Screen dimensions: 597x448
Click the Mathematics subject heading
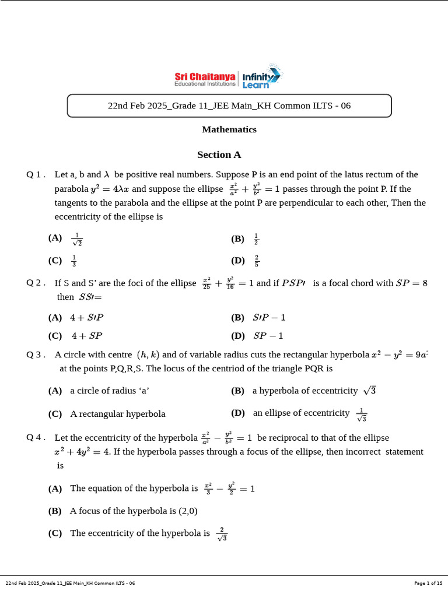(x=229, y=129)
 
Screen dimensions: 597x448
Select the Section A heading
(x=219, y=155)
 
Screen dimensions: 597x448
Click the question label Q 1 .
(x=36, y=175)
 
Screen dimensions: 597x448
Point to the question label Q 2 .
(x=36, y=283)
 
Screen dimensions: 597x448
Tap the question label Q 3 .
(x=36, y=354)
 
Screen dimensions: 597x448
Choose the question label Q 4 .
(x=36, y=438)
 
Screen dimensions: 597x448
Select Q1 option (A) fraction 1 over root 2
(x=76, y=239)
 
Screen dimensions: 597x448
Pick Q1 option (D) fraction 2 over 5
(x=257, y=261)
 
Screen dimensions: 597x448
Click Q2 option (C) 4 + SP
(x=87, y=336)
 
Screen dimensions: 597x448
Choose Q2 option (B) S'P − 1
(x=269, y=318)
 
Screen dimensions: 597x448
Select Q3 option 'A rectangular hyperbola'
(x=118, y=414)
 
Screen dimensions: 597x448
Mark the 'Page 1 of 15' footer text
(x=428, y=583)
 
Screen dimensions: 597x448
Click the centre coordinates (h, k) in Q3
(x=148, y=354)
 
